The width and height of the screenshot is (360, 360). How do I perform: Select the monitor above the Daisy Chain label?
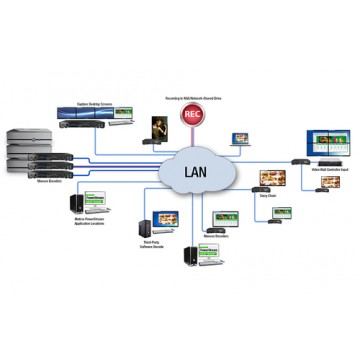pos(272,179)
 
